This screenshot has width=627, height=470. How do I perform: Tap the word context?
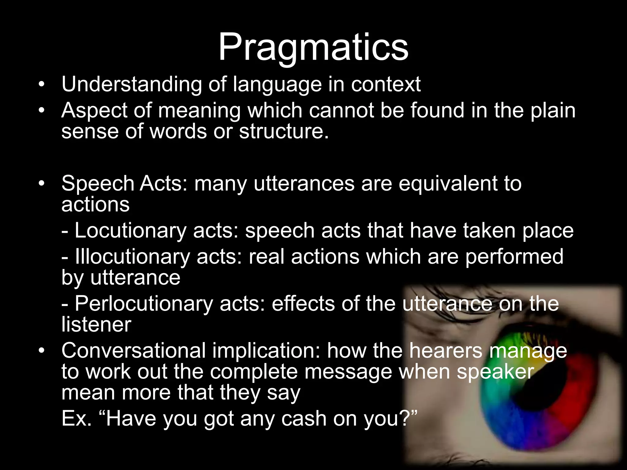tap(386, 84)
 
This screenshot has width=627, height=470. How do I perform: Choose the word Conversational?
tap(133, 351)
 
